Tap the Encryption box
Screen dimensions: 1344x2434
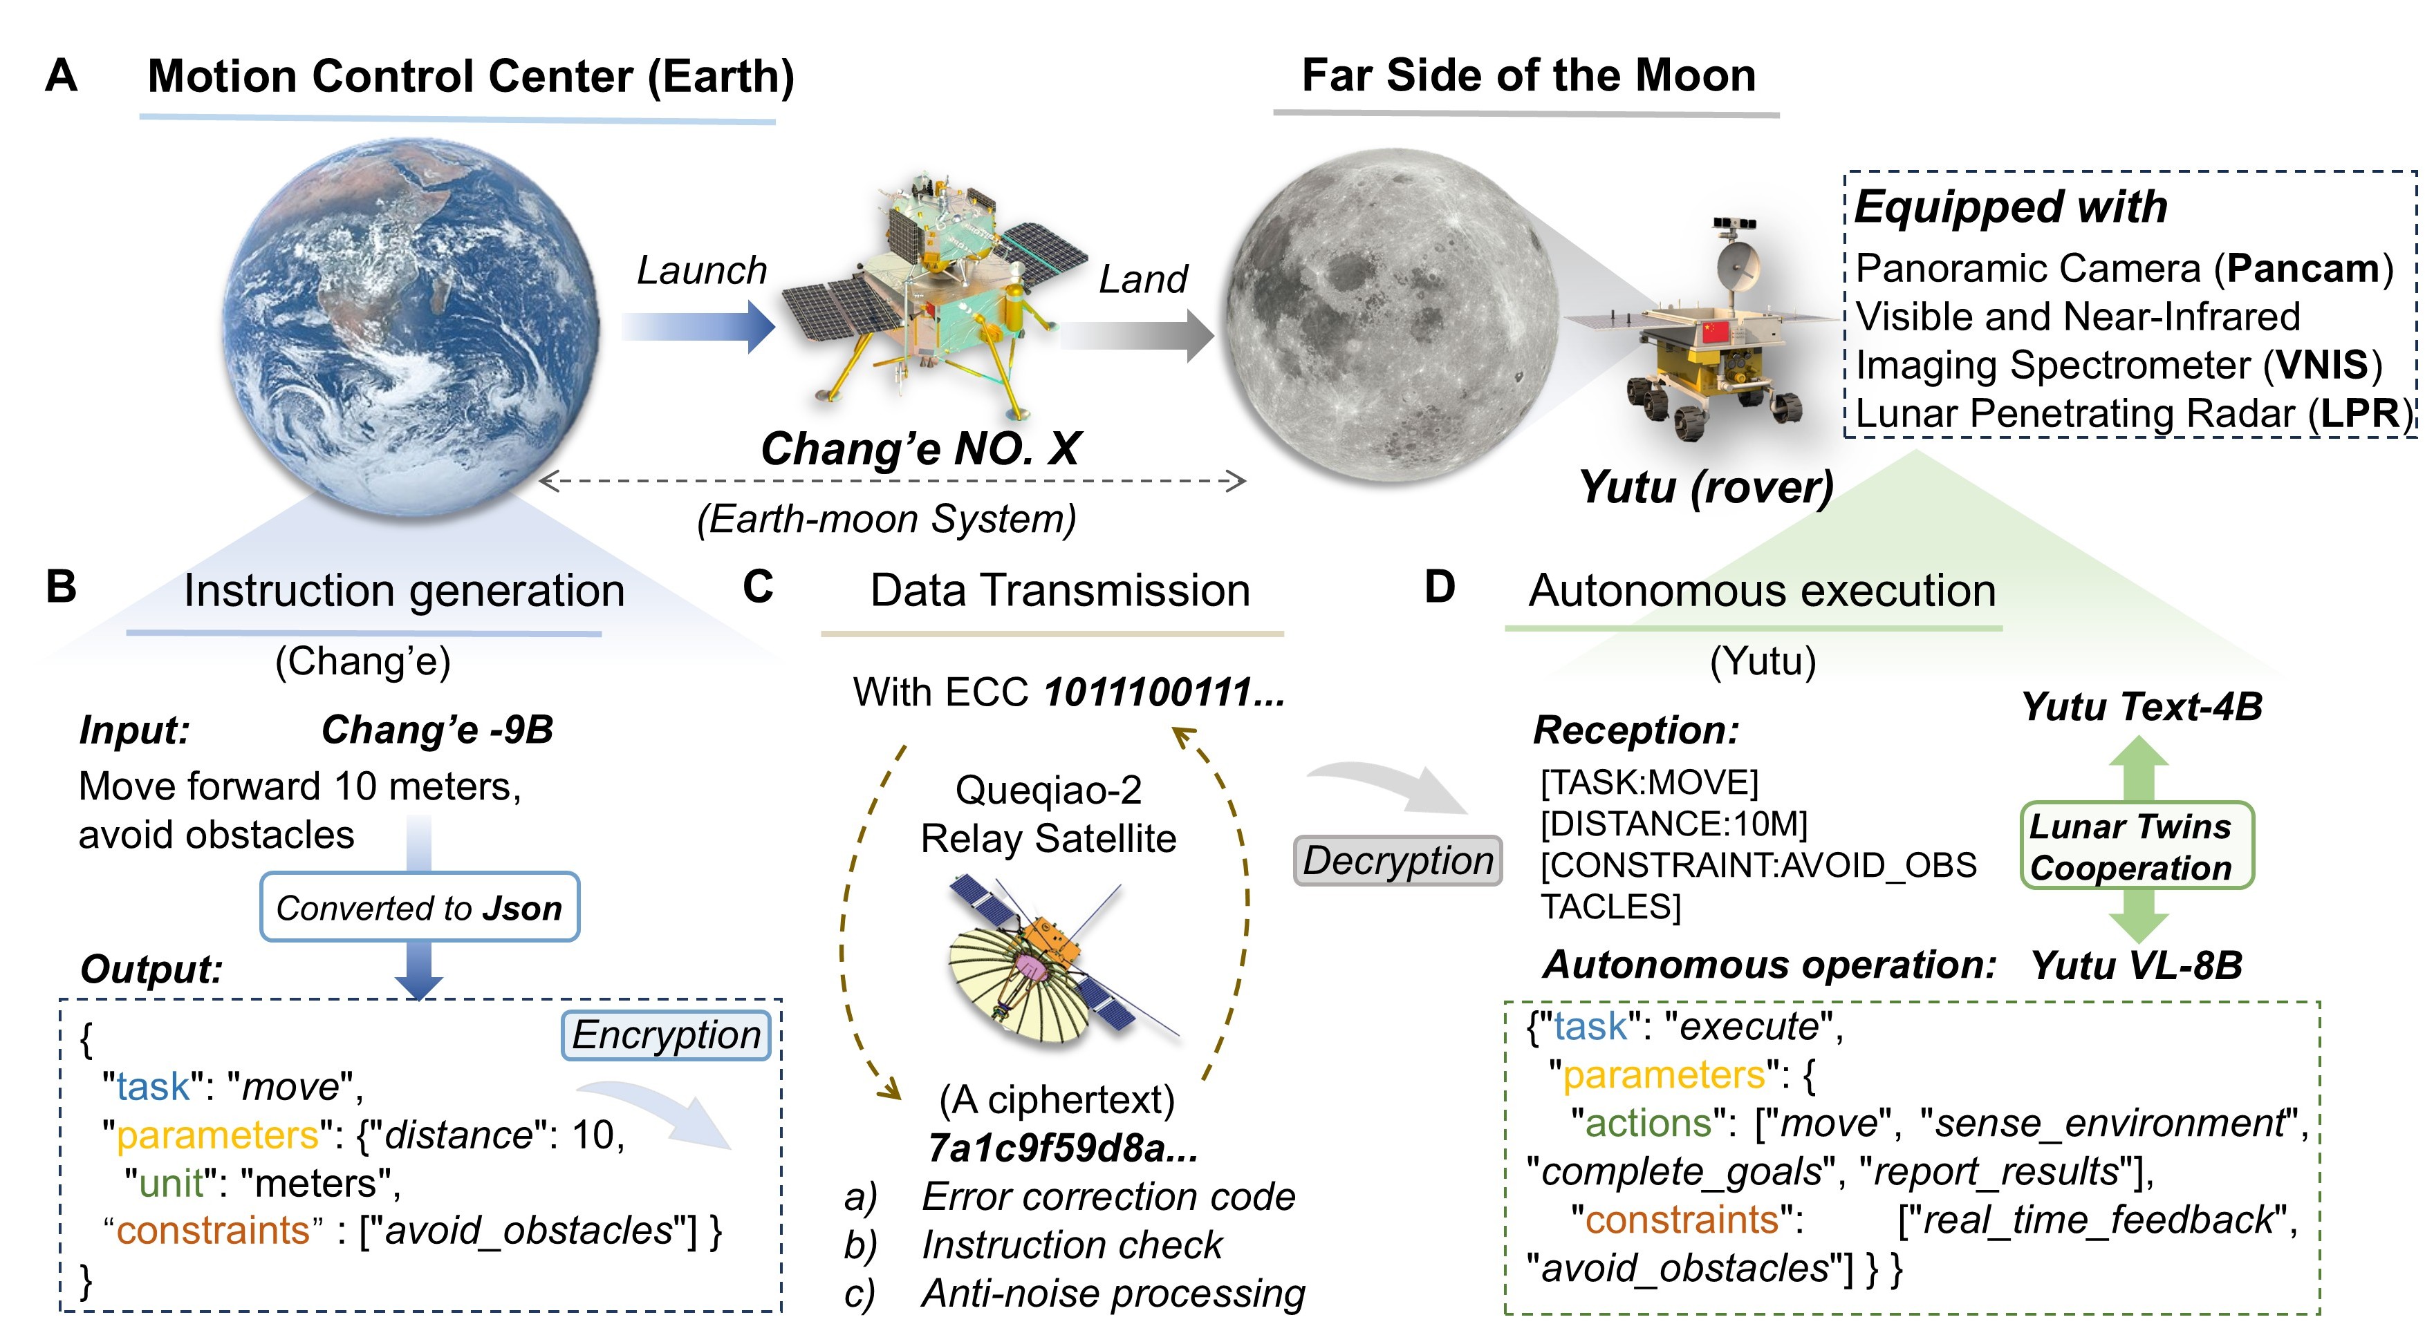pyautogui.click(x=666, y=1035)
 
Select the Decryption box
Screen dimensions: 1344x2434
pyautogui.click(x=1397, y=860)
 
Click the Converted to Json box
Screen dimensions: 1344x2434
pyautogui.click(x=420, y=908)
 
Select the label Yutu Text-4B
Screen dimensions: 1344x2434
pyautogui.click(x=2141, y=706)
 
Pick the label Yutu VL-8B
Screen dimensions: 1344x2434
pyautogui.click(x=2135, y=965)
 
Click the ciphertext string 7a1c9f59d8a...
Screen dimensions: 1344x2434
pyautogui.click(x=1062, y=1148)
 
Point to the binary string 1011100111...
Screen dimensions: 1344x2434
pyautogui.click(x=1163, y=692)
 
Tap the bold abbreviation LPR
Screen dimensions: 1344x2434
pyautogui.click(x=2359, y=414)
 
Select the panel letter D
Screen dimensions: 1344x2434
pyautogui.click(x=1439, y=587)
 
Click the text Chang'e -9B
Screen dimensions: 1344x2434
pyautogui.click(x=436, y=729)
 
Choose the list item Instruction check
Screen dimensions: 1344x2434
pyautogui.click(x=1070, y=1244)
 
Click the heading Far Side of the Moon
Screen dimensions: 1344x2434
pyautogui.click(x=1528, y=75)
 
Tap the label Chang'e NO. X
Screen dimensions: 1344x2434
pyautogui.click(x=920, y=448)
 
